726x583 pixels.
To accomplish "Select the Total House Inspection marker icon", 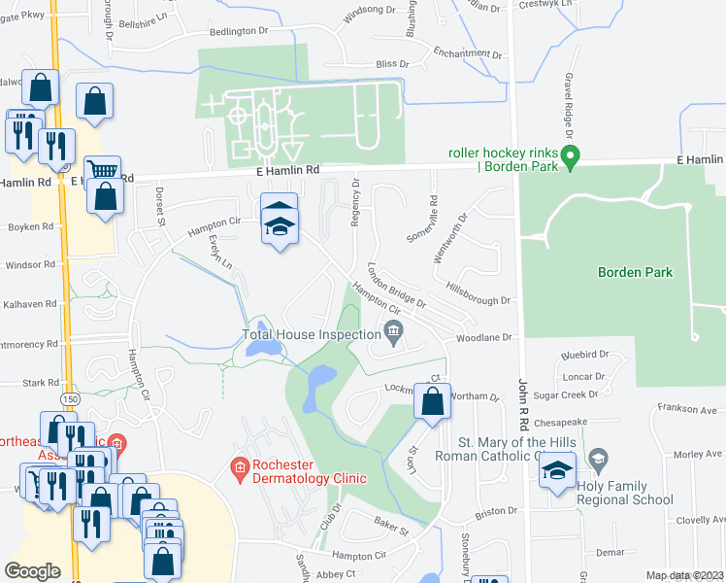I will tap(393, 333).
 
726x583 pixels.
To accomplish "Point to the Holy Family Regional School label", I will tap(624, 493).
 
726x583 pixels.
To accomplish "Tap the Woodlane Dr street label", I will tap(483, 336).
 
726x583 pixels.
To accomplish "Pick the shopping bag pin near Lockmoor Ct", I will tap(433, 399).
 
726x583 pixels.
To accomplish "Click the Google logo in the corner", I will tap(32, 570).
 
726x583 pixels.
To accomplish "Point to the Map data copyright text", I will tap(684, 575).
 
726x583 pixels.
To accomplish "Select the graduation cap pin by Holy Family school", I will tap(557, 471).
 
